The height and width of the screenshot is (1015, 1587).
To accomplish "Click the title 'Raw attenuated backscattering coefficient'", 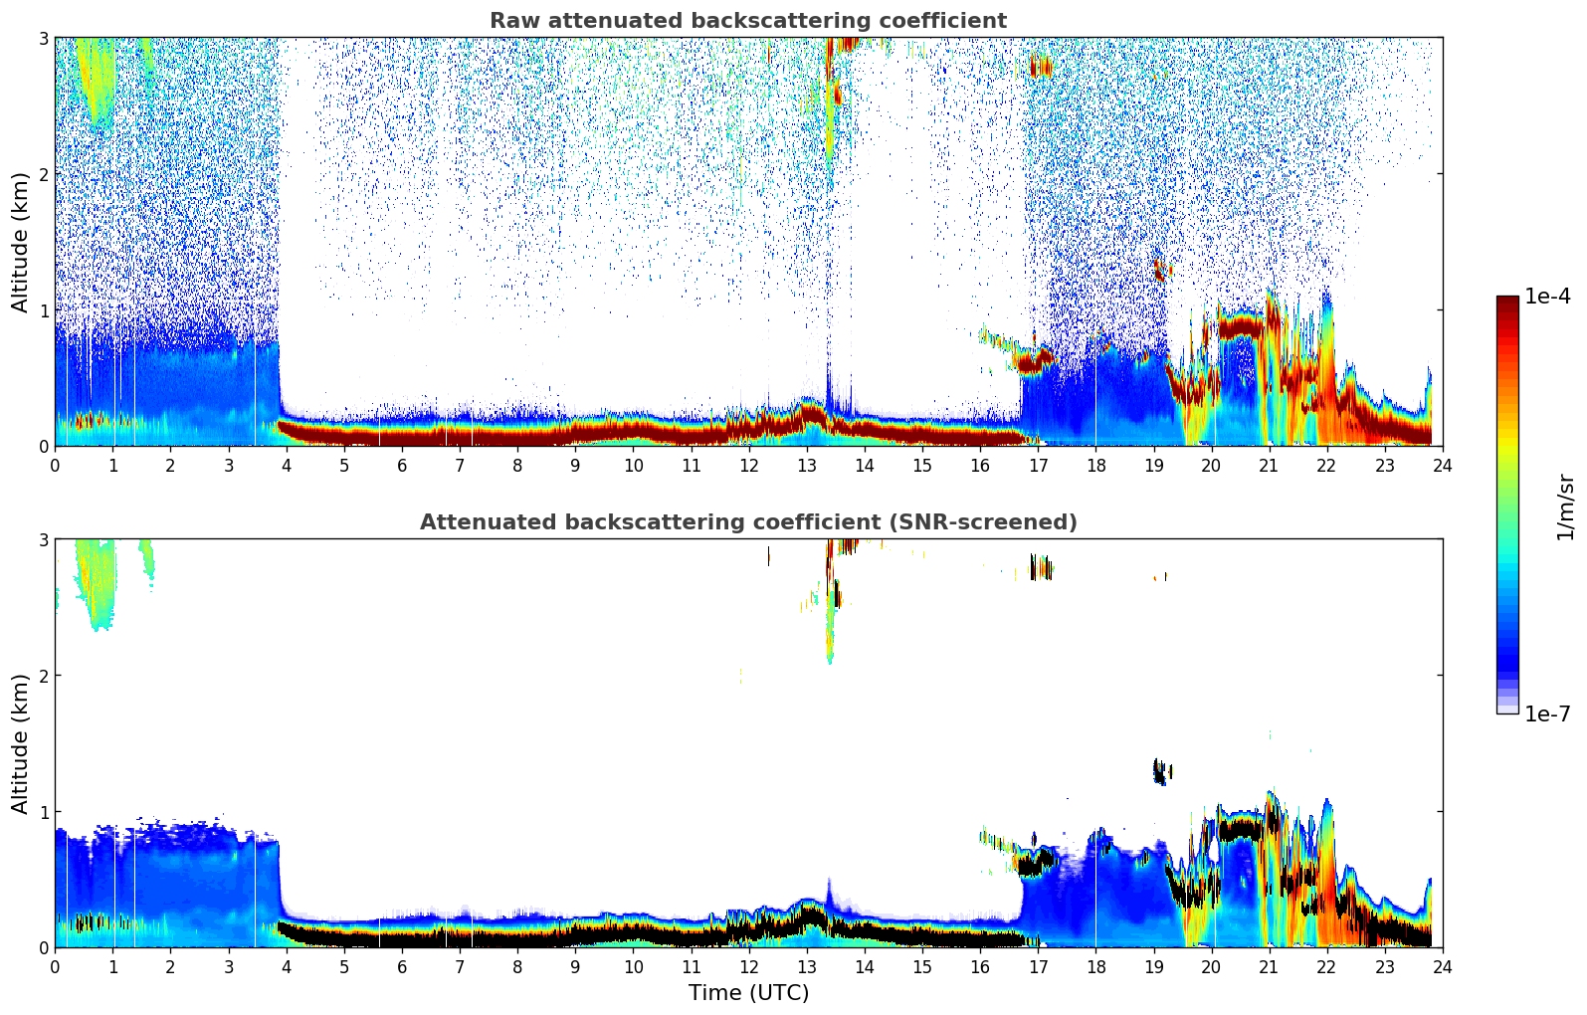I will coord(747,21).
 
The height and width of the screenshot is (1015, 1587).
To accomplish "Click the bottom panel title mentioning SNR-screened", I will coord(747,522).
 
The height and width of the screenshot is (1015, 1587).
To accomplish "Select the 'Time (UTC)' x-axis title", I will coord(748,993).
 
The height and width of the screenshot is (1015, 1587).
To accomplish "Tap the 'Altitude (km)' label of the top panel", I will coord(20,242).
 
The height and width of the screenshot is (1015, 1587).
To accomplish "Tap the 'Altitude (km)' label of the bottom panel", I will coord(20,743).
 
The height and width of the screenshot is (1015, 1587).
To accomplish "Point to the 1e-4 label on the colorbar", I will coord(1547,297).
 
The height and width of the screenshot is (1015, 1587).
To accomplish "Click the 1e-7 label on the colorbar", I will coord(1547,713).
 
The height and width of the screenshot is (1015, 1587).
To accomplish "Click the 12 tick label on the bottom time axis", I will coord(748,967).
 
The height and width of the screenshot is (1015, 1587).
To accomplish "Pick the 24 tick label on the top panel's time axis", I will coord(1442,466).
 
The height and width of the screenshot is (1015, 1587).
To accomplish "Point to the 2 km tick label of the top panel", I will coord(43,174).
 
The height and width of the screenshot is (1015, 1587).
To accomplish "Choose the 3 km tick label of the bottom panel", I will coord(43,539).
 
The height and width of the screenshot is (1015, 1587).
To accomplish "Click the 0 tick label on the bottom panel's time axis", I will coord(55,967).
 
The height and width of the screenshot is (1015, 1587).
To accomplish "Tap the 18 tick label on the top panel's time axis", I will coord(1095,466).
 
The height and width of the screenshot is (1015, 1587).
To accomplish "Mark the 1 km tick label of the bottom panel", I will coord(43,812).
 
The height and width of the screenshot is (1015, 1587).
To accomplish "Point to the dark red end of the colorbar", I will coord(1507,304).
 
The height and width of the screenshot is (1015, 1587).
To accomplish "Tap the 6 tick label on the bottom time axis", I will coord(402,967).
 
